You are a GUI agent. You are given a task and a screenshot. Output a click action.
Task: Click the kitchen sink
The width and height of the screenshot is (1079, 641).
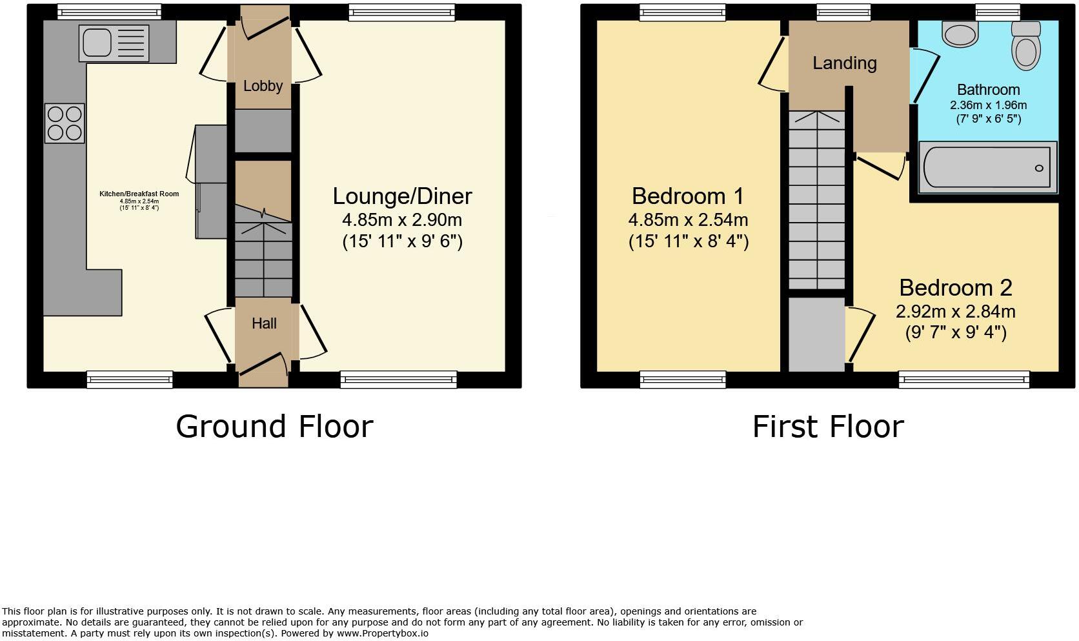[x=114, y=43]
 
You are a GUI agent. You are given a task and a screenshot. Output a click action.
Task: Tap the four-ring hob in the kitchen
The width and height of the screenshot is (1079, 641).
[x=65, y=123]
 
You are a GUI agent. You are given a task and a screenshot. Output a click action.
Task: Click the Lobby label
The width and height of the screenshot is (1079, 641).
[x=263, y=86]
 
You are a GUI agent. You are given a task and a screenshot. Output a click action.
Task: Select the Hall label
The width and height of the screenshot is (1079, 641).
[x=264, y=323]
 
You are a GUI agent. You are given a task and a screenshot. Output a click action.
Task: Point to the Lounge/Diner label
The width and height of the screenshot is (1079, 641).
[x=402, y=196]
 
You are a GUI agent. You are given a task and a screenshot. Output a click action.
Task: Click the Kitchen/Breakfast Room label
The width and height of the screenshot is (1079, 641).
[x=139, y=194]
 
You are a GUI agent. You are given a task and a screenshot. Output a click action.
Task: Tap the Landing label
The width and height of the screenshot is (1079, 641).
[x=844, y=63]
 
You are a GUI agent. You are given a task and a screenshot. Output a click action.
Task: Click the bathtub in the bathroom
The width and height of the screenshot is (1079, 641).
[x=987, y=167]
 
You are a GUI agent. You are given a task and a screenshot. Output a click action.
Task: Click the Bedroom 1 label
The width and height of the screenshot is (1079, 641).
[x=688, y=196]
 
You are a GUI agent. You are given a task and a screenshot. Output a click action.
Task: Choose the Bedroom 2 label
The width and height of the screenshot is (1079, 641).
[x=956, y=288]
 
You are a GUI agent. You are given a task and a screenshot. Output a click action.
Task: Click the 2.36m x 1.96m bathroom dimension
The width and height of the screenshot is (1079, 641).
[x=988, y=105]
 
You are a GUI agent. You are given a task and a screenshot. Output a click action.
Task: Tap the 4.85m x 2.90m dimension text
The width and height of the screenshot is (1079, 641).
[x=402, y=220]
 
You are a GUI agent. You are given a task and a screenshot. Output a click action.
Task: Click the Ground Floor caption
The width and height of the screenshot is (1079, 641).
[x=274, y=427]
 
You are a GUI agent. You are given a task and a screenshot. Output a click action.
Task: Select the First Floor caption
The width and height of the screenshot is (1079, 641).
[x=828, y=427]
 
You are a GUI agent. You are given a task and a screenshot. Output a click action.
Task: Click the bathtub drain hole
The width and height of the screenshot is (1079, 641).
[x=1039, y=168]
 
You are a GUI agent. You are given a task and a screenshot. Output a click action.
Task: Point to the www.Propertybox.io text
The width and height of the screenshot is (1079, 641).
[x=383, y=633]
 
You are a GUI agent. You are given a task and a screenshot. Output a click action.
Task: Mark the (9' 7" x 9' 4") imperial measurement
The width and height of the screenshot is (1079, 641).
[x=956, y=332]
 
